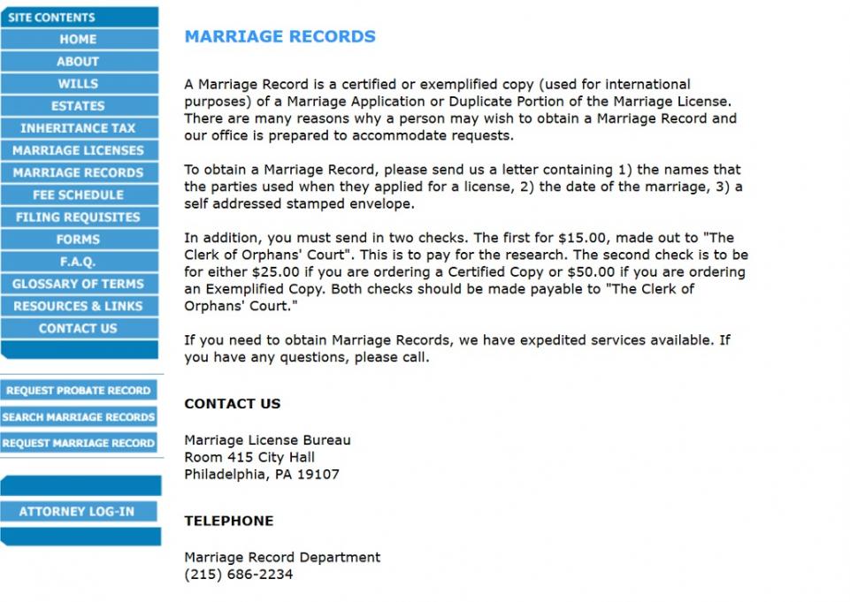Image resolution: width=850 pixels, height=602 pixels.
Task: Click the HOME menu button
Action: pyautogui.click(x=79, y=39)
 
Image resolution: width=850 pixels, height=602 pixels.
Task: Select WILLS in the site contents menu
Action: pyautogui.click(x=79, y=84)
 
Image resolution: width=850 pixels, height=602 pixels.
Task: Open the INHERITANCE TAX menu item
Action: pyautogui.click(x=79, y=128)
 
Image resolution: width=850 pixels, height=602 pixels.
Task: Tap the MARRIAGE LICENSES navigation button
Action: pyautogui.click(x=79, y=150)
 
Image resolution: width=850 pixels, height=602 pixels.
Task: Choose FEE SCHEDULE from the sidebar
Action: pyautogui.click(x=79, y=194)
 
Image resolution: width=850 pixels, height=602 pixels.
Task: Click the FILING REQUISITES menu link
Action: pyautogui.click(x=79, y=217)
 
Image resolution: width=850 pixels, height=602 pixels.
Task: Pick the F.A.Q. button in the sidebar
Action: pyautogui.click(x=79, y=262)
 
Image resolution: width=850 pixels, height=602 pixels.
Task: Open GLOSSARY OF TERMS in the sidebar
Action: pyautogui.click(x=79, y=284)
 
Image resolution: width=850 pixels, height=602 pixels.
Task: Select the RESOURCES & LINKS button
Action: pyautogui.click(x=79, y=306)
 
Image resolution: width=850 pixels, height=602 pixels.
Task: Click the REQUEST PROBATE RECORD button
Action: pyautogui.click(x=79, y=391)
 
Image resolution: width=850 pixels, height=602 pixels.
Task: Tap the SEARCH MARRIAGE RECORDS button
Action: pyautogui.click(x=79, y=417)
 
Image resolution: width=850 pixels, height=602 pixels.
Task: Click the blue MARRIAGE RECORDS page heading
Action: pyautogui.click(x=280, y=37)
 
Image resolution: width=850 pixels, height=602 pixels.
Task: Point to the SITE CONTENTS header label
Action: pyautogui.click(x=51, y=17)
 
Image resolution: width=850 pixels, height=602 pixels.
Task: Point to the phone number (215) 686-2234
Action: pyautogui.click(x=238, y=575)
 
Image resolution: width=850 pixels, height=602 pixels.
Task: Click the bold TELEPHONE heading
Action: pyautogui.click(x=228, y=522)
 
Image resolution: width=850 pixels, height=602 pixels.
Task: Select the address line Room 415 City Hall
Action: pyautogui.click(x=249, y=457)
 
